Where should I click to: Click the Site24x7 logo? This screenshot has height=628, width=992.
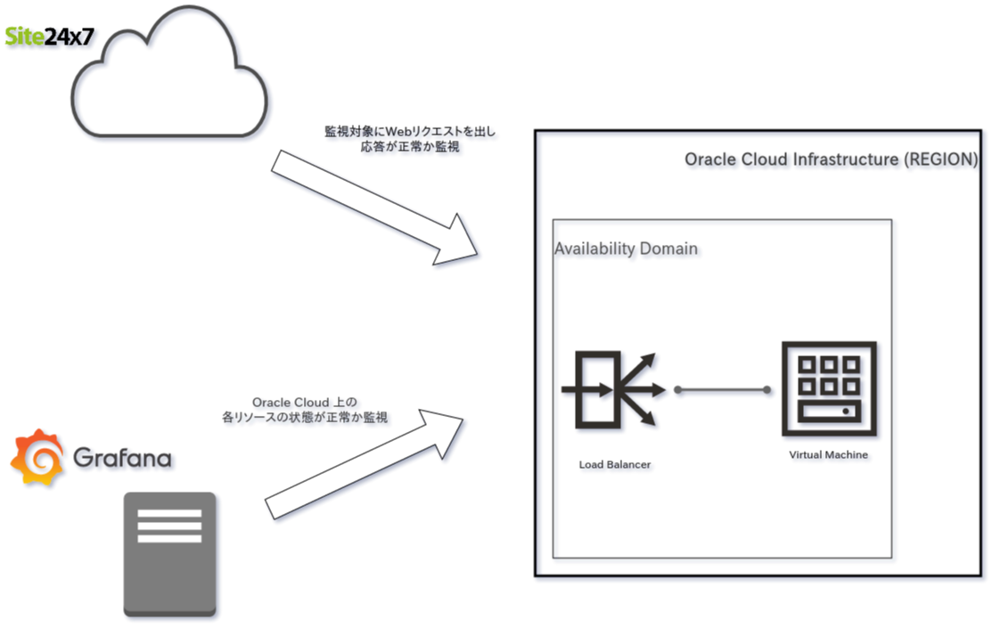pos(49,36)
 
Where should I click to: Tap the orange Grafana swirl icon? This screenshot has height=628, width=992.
pos(37,458)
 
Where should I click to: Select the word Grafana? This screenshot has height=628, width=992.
pos(122,457)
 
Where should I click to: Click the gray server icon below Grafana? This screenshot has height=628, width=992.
pos(169,554)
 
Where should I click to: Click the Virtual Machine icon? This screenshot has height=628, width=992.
pos(829,389)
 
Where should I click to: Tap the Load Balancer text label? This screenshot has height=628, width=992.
pos(614,465)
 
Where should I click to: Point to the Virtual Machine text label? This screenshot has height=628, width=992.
pos(828,454)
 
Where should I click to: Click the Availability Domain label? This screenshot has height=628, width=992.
pos(626,249)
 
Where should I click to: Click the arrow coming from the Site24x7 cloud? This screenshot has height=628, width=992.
pos(374,208)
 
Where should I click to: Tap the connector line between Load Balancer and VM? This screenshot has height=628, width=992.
pos(722,389)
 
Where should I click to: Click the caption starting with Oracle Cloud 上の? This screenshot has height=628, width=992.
pos(304,410)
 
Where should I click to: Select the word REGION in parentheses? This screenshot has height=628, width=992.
pos(941,159)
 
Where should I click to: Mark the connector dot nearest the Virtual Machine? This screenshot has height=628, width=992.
pos(767,389)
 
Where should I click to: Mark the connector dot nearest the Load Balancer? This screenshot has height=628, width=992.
pos(678,389)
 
